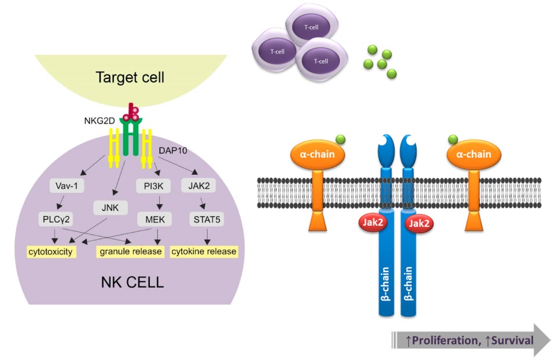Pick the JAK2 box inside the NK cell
(x=199, y=186)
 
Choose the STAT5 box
(x=204, y=220)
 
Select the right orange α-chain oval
(x=473, y=155)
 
